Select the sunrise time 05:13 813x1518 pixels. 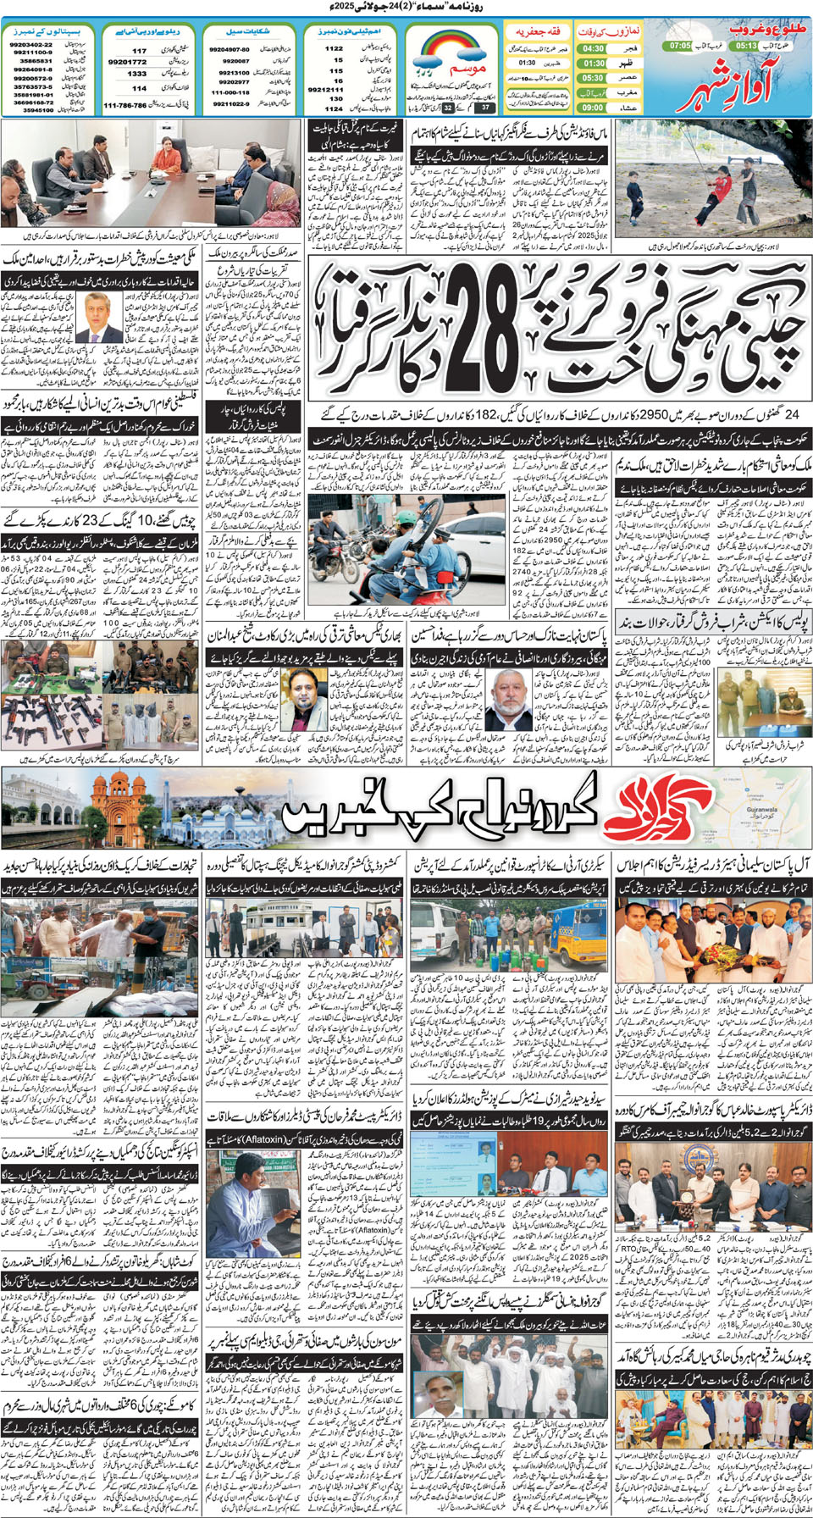[745, 46]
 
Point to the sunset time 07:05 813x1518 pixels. [680, 46]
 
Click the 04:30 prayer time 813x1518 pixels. [593, 49]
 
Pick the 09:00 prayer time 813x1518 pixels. [593, 108]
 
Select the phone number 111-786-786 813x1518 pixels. [124, 106]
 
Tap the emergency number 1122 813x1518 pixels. [335, 49]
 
